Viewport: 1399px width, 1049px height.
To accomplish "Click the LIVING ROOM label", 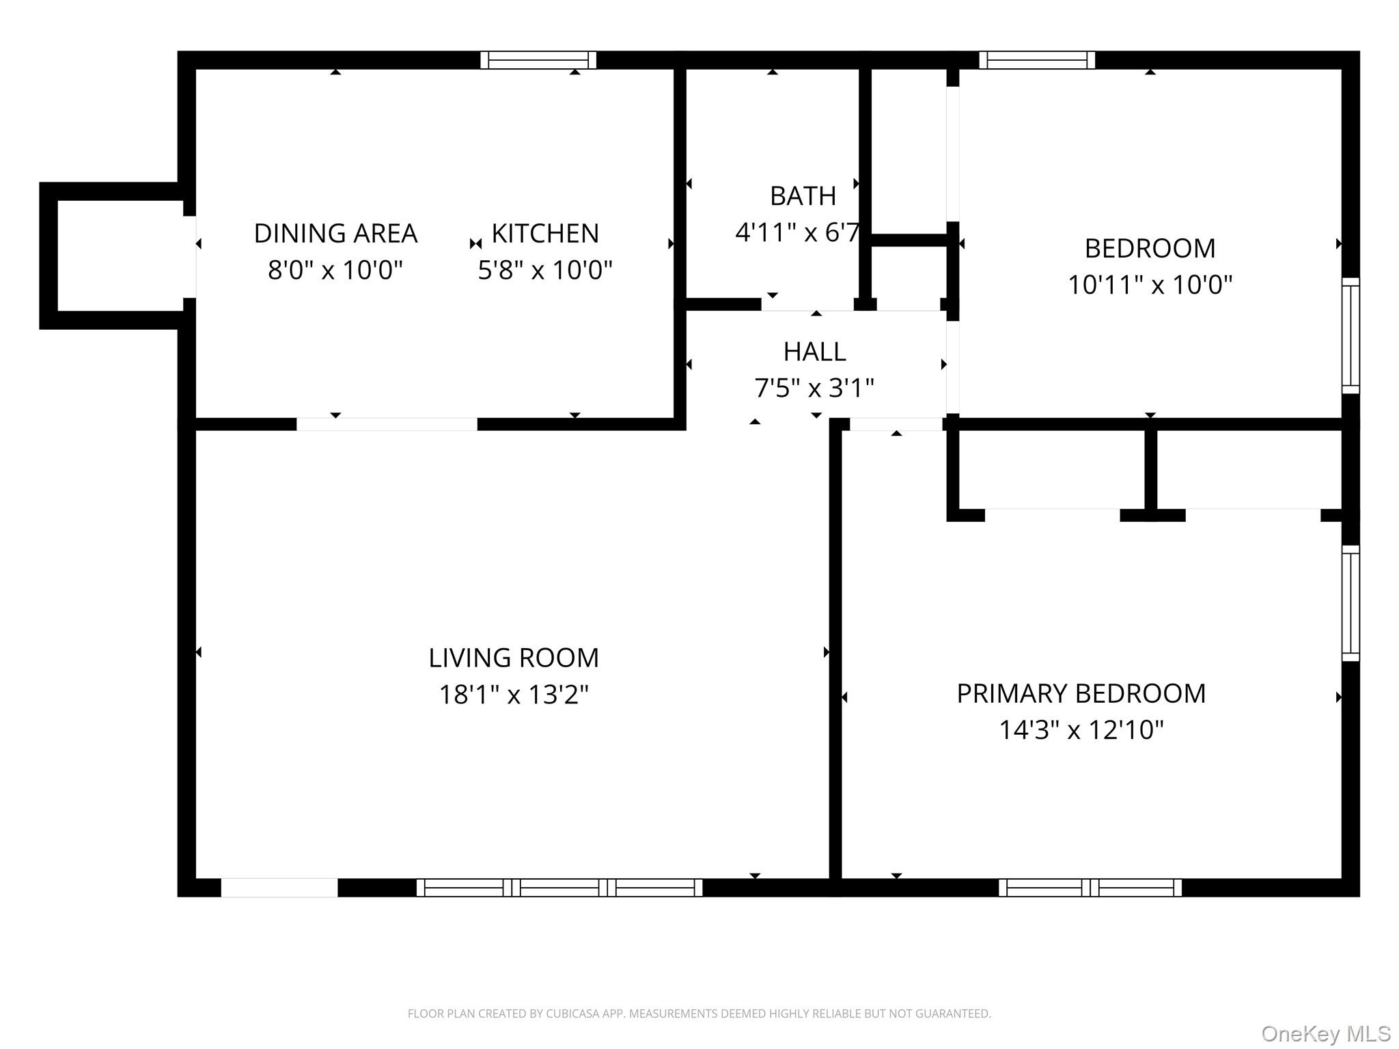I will point(513,658).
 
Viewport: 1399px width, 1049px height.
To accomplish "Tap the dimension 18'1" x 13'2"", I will point(513,695).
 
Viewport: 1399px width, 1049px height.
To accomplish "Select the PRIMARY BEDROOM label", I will point(1081,693).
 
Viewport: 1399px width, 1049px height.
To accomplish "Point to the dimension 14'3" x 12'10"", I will point(1081,730).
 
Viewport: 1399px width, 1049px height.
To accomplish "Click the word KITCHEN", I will point(545,234).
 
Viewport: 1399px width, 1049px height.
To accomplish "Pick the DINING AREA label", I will point(335,234).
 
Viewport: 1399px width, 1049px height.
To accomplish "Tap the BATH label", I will point(803,196).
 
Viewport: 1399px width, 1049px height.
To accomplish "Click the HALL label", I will point(814,352).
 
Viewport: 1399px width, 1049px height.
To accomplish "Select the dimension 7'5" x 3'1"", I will point(814,388).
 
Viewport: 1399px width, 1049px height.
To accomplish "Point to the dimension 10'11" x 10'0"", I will point(1150,284).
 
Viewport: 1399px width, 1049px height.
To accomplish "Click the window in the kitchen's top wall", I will point(538,60).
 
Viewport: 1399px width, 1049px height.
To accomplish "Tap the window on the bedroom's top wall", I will point(1037,60).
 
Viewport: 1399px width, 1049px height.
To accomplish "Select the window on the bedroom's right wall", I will point(1350,335).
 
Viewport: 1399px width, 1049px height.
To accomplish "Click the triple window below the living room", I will point(559,887).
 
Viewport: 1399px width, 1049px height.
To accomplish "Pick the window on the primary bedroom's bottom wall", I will point(1090,887).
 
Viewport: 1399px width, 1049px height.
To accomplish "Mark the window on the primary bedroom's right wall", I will point(1350,603).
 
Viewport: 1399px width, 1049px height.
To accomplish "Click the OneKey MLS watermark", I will point(1325,1033).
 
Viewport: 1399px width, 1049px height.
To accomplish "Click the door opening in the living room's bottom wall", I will point(279,887).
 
